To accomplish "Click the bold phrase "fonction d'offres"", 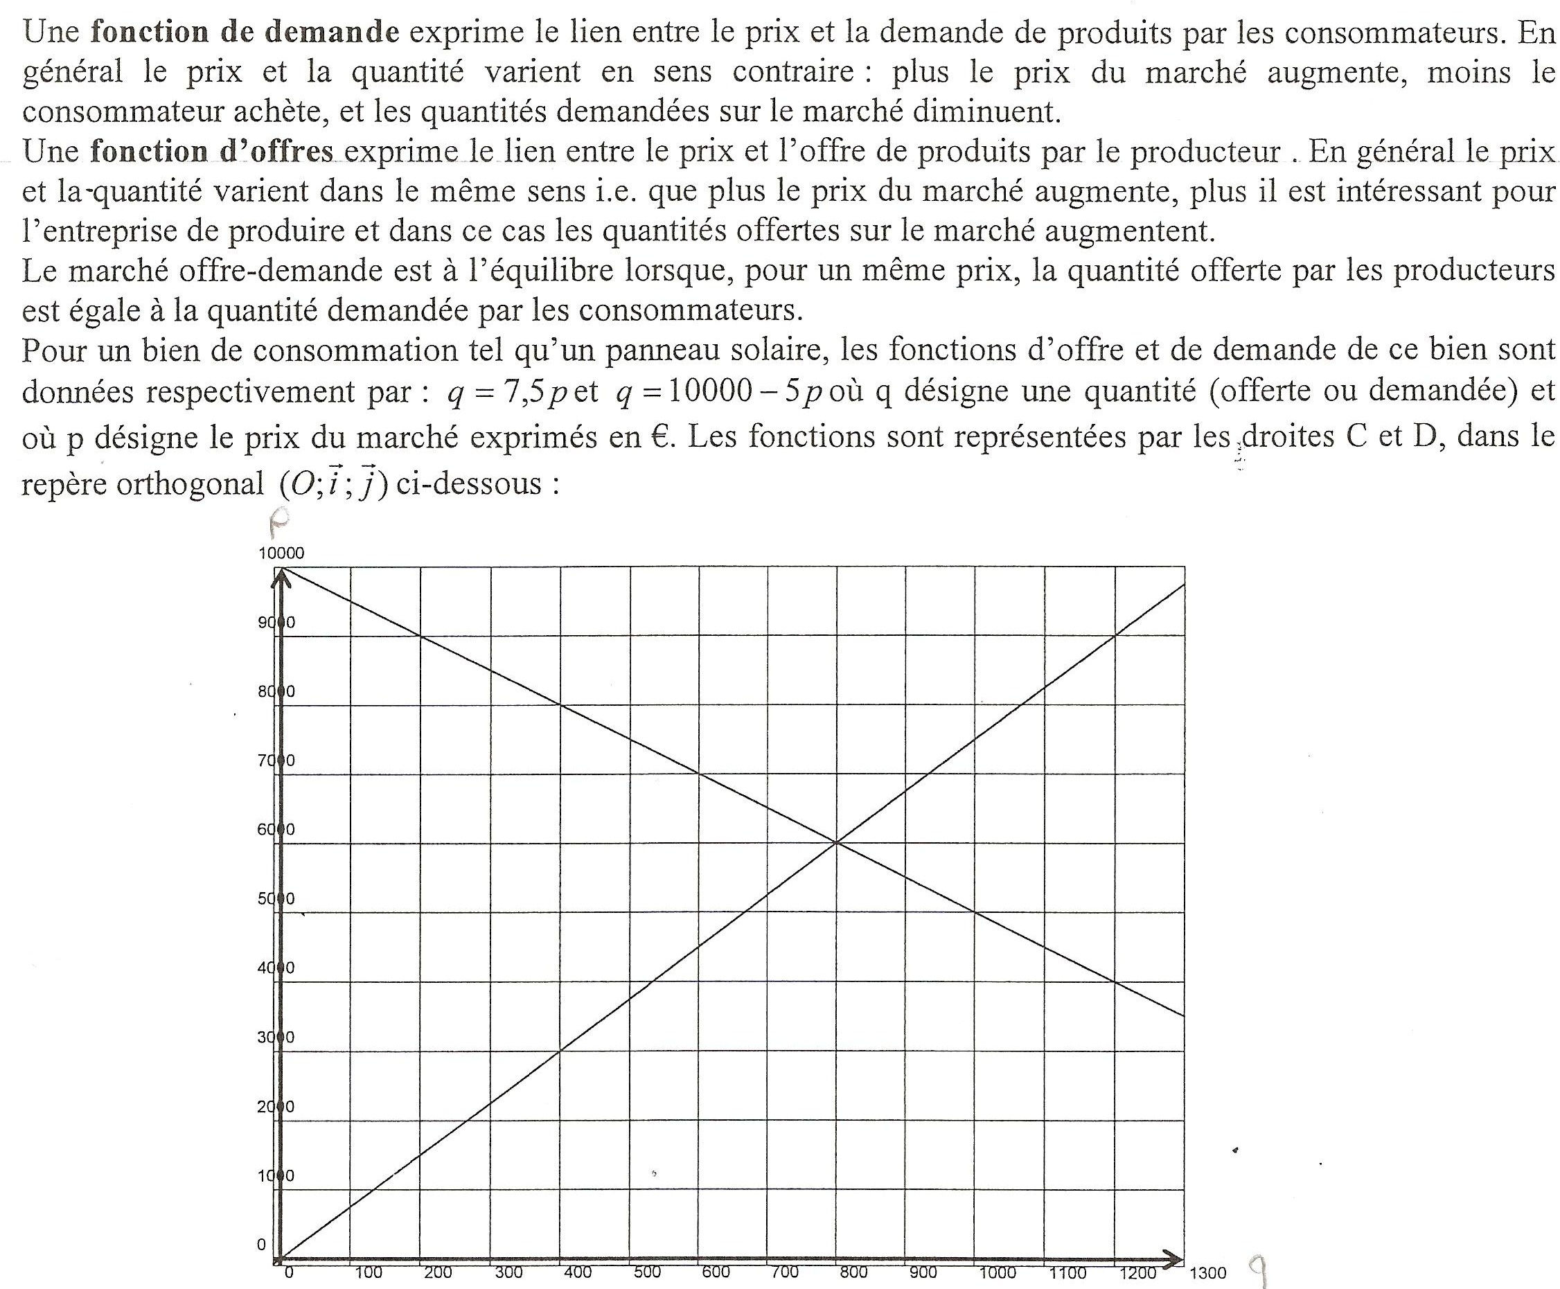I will pyautogui.click(x=211, y=152).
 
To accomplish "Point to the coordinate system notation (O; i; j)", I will pyautogui.click(x=333, y=485).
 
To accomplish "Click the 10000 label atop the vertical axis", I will pyautogui.click(x=281, y=553).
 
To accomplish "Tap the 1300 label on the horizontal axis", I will pyautogui.click(x=1208, y=1273).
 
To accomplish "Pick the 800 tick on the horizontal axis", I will pyautogui.click(x=854, y=1272).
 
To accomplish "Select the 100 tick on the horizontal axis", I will pyautogui.click(x=369, y=1272).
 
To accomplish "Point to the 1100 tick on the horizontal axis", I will pyautogui.click(x=1067, y=1272).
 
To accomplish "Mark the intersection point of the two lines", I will pyautogui.click(x=836, y=842).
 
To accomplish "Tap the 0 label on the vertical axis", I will pyautogui.click(x=261, y=1245).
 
